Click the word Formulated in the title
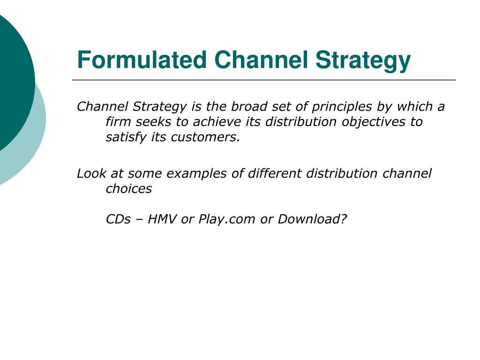tap(142, 60)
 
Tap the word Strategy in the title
tap(363, 61)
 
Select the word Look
tap(91, 173)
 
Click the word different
tap(275, 173)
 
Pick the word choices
tap(128, 189)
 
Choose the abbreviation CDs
tap(118, 219)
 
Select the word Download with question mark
tap(312, 219)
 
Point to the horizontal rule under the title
tap(264, 80)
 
